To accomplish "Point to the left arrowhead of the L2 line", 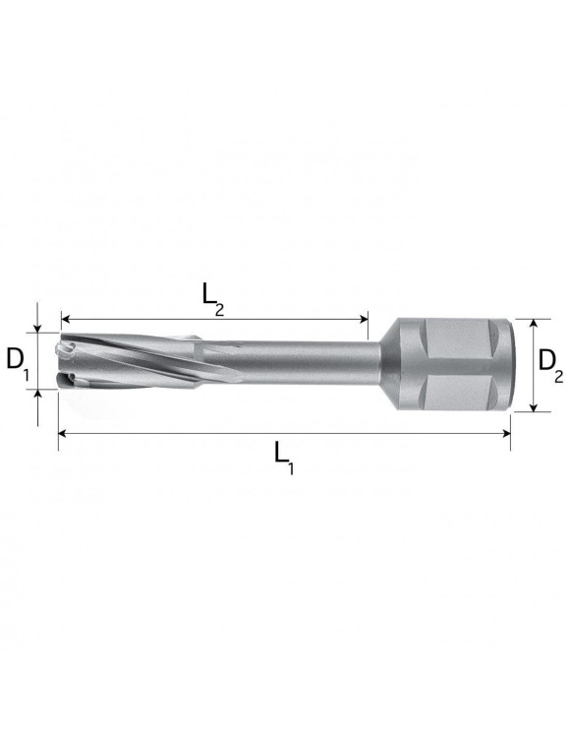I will click(65, 318).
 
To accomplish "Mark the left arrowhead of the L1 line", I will click(62, 432).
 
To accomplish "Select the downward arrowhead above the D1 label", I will click(38, 327).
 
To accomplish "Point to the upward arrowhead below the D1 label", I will click(38, 396).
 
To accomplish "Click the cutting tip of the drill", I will click(66, 363).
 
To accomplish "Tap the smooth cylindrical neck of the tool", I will click(305, 363).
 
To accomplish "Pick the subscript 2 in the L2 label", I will click(219, 309).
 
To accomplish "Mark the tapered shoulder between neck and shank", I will click(389, 363).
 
